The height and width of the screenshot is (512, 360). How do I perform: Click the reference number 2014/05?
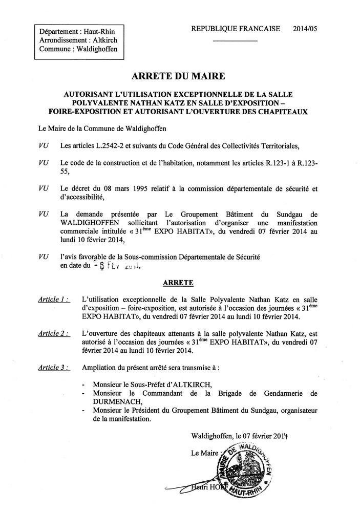coord(320,29)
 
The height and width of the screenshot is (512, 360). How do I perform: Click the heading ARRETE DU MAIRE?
coord(179,78)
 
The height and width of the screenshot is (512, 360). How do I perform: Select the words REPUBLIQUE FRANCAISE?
coord(235,29)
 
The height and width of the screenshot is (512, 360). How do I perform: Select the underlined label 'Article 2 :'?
coord(54,333)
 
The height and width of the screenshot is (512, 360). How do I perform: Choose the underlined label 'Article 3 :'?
coord(54,367)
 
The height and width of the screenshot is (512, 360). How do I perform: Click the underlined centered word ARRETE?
coord(178,282)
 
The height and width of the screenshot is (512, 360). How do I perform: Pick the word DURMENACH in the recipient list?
coord(112,402)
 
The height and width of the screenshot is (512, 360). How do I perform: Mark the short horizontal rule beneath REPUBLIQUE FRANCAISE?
coord(235,41)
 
